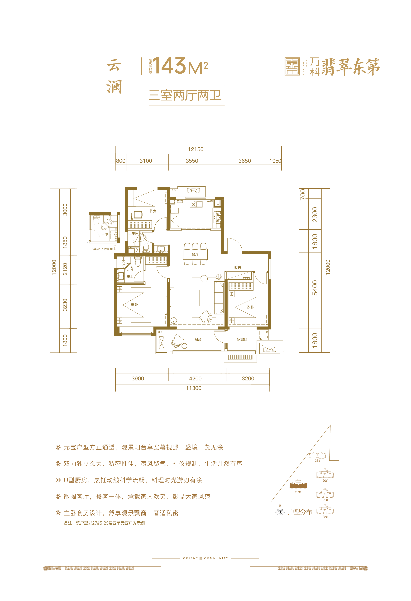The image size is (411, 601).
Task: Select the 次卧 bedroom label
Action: click(x=250, y=307)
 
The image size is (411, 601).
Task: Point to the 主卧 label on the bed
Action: click(x=134, y=304)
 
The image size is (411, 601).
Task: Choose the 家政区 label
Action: click(x=242, y=340)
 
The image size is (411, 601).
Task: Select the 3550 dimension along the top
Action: click(x=192, y=161)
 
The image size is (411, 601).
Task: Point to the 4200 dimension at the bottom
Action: click(x=195, y=379)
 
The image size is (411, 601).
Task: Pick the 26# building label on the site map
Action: click(x=317, y=461)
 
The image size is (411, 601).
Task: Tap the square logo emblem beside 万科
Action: click(x=292, y=66)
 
